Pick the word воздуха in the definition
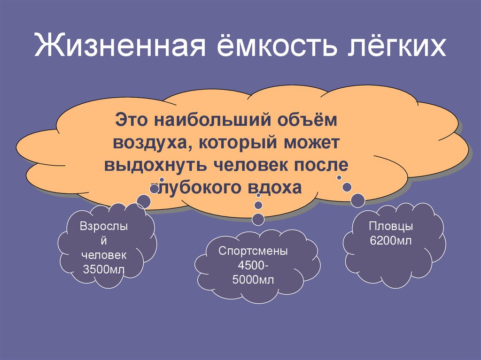[151, 143]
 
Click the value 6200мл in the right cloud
[391, 241]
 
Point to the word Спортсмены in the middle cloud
[253, 251]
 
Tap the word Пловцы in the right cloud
[391, 226]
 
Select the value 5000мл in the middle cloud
[253, 281]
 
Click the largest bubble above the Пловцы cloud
[358, 200]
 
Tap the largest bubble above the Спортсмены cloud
[258, 218]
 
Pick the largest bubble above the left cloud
[143, 201]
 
